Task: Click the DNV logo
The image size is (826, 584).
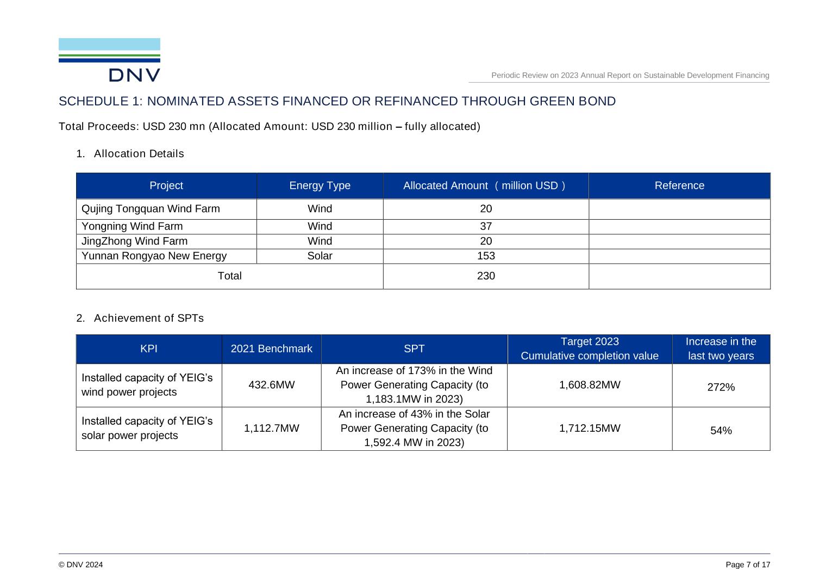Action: click(109, 60)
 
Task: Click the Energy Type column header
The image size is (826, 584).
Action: click(320, 185)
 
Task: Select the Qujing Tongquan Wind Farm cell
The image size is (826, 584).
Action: click(151, 209)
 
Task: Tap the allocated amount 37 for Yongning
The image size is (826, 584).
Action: click(486, 226)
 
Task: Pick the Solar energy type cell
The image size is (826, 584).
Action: click(320, 256)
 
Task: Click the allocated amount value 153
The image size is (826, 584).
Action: click(486, 256)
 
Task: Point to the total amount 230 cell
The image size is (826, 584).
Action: click(486, 276)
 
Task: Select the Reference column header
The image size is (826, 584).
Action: click(679, 185)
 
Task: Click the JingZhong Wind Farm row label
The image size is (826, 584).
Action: click(134, 241)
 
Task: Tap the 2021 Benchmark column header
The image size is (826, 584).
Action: click(271, 349)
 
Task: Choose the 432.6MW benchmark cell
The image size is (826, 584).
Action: click(271, 385)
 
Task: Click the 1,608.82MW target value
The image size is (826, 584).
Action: click(590, 385)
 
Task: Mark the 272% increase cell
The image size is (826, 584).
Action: click(721, 387)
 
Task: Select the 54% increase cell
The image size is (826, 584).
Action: click(721, 431)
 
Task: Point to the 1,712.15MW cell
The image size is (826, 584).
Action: click(590, 428)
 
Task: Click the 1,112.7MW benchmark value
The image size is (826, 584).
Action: click(271, 428)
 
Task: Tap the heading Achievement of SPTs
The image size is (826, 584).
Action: click(148, 318)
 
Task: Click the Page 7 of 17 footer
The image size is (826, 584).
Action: click(748, 565)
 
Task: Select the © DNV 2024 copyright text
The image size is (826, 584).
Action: click(80, 565)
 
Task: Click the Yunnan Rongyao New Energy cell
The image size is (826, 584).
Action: click(154, 256)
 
